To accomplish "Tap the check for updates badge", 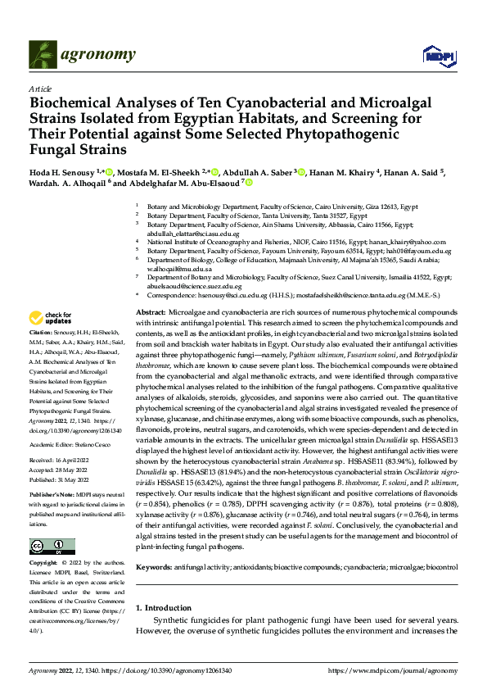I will (x=51, y=318).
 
